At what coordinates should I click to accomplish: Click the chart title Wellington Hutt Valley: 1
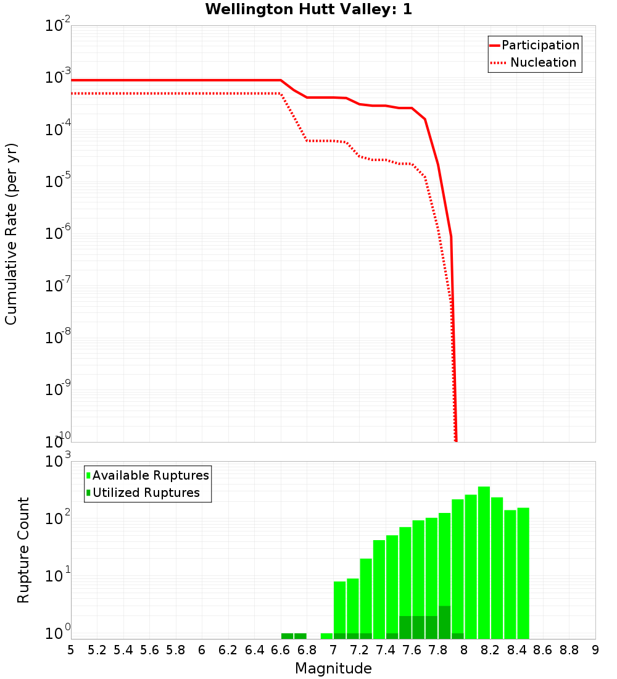pos(308,9)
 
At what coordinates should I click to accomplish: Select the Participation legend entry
pos(540,45)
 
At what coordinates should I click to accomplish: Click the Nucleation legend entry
pos(542,62)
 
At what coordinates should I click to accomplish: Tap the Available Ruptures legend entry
pos(150,475)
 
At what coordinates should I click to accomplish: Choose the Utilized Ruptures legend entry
pos(146,493)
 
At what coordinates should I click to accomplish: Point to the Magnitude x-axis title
pos(333,669)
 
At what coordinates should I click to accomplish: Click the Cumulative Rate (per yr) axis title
pos(11,234)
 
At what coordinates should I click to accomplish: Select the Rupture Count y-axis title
pos(23,550)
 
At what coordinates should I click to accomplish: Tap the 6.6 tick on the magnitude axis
pos(281,650)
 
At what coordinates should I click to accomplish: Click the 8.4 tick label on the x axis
pos(517,650)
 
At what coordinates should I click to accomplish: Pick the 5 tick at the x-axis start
pos(71,650)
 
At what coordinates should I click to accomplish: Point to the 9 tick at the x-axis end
pos(595,650)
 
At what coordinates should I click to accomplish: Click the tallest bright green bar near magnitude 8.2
pos(484,562)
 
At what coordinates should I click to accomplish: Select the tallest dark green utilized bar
pos(444,622)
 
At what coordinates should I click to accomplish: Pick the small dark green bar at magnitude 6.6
pos(287,636)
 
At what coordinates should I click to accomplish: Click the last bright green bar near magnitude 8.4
pos(523,573)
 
